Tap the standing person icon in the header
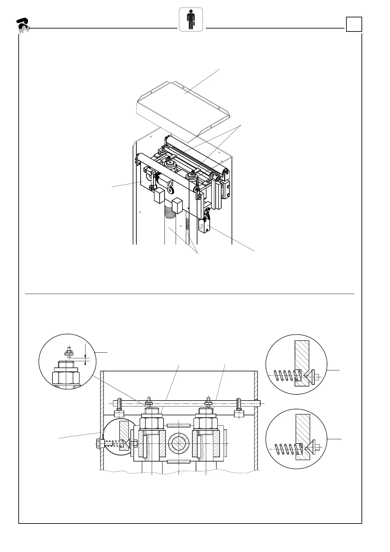point(190,20)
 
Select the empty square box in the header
point(354,24)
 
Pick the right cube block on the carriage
point(177,206)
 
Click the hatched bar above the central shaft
point(178,425)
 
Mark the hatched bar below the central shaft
point(178,462)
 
